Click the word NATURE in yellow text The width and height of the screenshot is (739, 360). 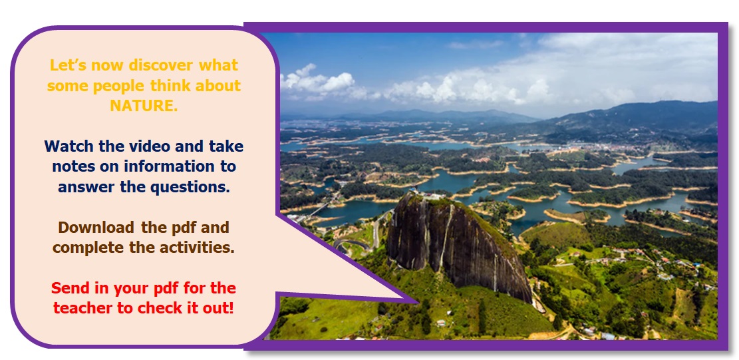(143, 106)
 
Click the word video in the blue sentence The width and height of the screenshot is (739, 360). (150, 146)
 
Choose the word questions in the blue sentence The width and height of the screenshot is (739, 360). (190, 187)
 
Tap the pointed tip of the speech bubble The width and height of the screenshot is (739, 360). (418, 301)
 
